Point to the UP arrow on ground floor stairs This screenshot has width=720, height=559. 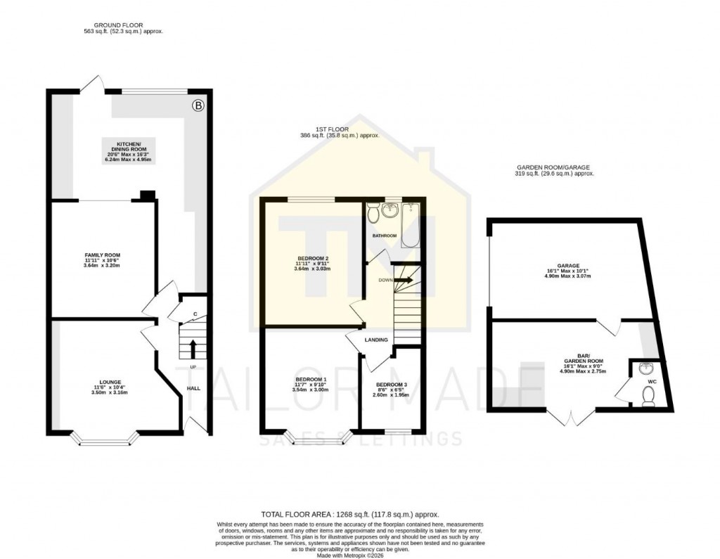[192, 347]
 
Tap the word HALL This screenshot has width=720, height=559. [193, 388]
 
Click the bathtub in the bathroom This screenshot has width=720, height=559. [410, 225]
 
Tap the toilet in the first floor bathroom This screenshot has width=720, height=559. [373, 211]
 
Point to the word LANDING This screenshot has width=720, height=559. [376, 340]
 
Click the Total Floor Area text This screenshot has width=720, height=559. [349, 515]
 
